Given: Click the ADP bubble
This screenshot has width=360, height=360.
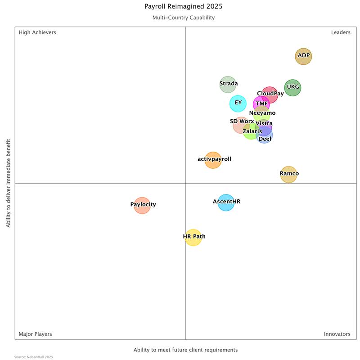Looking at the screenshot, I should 303,56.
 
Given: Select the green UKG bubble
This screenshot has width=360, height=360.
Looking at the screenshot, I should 292,88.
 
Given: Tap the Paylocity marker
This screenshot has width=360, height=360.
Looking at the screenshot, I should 142,205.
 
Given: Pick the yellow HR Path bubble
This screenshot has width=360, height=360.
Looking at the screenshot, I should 193,237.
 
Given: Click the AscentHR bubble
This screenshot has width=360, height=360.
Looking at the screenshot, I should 226,202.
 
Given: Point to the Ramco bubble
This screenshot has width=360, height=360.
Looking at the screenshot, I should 288,174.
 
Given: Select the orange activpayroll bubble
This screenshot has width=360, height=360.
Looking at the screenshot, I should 213,160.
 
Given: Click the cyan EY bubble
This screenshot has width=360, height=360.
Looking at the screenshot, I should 238,103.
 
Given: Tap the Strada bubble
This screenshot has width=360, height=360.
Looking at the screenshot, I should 228,84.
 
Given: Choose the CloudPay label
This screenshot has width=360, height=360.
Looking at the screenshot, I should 270,94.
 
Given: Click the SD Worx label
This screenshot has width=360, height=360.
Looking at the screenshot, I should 242,121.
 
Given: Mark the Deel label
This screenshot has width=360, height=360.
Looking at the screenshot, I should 265,139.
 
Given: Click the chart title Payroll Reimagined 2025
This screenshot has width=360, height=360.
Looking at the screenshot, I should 183,7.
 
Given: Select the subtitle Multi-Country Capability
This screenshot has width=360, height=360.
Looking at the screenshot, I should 183,18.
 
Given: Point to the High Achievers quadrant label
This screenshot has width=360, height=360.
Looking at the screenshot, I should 37,32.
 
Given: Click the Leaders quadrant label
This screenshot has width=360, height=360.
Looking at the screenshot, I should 341,32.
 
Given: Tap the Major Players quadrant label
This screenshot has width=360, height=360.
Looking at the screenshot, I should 35,334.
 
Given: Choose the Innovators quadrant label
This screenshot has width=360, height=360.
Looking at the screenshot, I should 337,334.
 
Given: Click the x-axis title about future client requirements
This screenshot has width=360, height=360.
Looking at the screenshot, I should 185,350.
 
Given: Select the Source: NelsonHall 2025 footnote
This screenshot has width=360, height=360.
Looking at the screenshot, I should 34,357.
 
